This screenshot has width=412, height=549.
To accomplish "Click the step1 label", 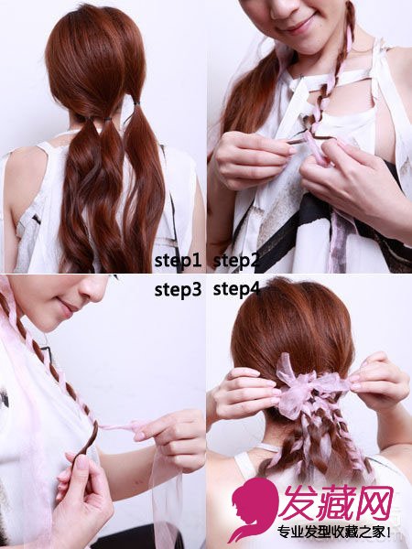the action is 178,261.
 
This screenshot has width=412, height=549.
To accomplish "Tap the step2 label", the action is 236,261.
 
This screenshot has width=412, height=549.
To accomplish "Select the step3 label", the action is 178,289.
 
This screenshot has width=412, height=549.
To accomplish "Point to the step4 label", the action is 236,289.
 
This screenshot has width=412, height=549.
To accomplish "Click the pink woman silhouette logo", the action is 253,508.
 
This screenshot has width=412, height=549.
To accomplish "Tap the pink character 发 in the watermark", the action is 299,502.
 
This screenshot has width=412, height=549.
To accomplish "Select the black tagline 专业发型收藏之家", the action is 333,532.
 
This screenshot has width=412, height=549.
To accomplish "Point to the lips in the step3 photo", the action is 68,307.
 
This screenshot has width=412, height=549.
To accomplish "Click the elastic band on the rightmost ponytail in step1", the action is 136,104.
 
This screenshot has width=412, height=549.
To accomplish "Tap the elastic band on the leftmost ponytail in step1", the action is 89,119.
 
